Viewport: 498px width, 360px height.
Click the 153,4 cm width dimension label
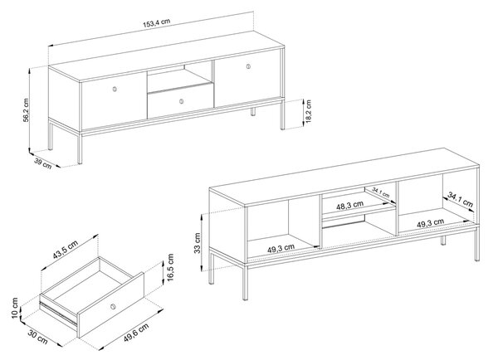click(x=157, y=22)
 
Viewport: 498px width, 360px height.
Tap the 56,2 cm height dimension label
click(x=26, y=109)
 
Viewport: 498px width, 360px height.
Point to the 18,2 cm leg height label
click(x=308, y=111)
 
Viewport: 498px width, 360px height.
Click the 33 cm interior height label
click(x=198, y=243)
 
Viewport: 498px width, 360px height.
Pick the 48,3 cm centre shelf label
click(x=350, y=205)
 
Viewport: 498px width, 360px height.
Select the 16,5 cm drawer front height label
click(x=170, y=267)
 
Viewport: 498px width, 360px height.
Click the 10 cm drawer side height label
click(x=15, y=309)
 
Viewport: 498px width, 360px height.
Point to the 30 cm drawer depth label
click(x=38, y=337)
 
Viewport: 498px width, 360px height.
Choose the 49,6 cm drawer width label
click(x=136, y=333)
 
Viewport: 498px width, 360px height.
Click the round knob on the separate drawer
click(x=112, y=306)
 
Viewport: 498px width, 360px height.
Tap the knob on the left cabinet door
click(x=115, y=89)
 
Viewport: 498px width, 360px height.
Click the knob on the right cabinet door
click(x=248, y=66)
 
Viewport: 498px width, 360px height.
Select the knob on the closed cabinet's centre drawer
click(x=181, y=101)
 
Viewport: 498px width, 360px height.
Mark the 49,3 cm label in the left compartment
click(x=281, y=248)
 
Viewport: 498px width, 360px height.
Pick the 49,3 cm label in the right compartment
click(x=430, y=223)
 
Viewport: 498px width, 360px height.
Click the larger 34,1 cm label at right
click(x=461, y=199)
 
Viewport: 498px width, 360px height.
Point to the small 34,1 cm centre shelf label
click(x=381, y=192)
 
